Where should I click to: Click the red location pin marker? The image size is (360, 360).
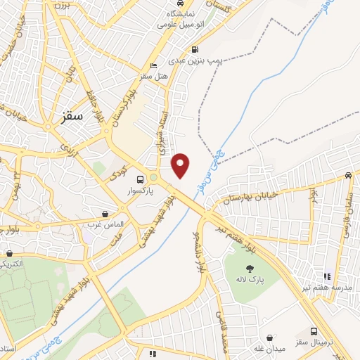[181, 164]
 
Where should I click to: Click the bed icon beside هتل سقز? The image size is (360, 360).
[154, 66]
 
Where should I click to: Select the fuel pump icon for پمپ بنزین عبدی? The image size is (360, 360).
[195, 49]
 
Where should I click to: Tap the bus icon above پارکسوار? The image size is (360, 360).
[141, 179]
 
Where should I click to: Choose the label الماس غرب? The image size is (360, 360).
[105, 224]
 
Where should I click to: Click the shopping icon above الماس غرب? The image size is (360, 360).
[105, 213]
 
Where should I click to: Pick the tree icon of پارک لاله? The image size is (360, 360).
[248, 268]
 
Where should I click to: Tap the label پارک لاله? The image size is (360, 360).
[248, 280]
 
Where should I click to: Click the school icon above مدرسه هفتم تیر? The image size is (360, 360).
[326, 276]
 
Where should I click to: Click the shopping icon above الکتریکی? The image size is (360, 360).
[9, 254]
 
